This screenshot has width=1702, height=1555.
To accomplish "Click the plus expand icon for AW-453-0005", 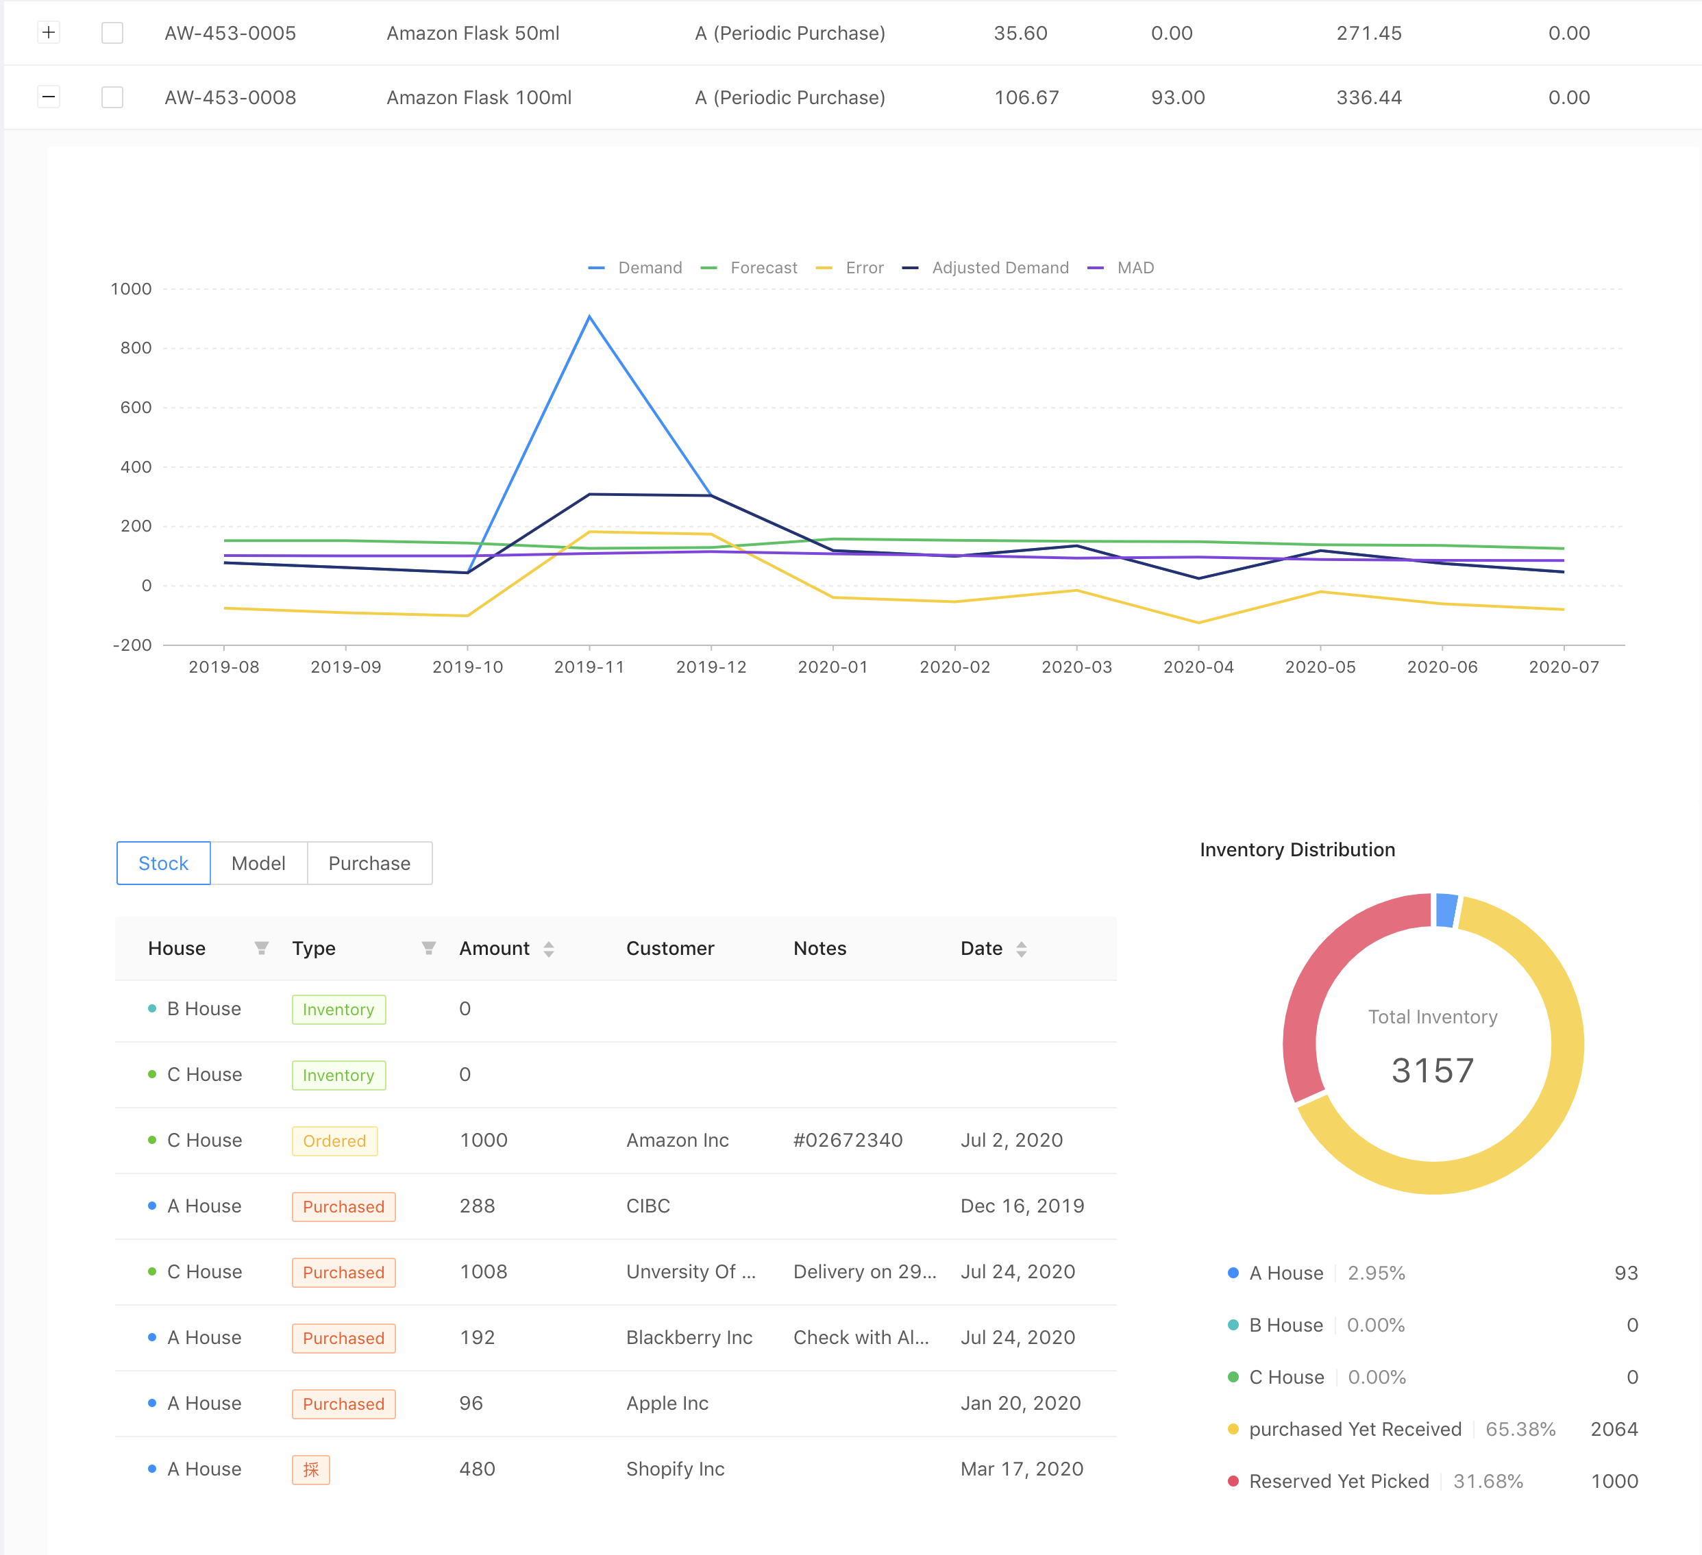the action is coord(49,33).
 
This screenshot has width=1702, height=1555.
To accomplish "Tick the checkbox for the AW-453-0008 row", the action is coord(112,97).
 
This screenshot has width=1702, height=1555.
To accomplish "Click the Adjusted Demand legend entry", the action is coord(985,268).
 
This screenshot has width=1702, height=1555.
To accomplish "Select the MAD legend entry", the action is coord(1120,268).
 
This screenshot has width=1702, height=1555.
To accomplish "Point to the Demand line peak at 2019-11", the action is coord(589,316).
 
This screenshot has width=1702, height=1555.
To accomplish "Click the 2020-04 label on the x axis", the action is coord(1198,667).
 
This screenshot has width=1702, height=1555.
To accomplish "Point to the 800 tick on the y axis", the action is coord(136,348).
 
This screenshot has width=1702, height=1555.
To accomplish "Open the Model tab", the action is coord(258,862).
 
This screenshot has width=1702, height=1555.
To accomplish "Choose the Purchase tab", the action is coord(370,862).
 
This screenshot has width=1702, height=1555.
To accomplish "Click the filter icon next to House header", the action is coord(262,948).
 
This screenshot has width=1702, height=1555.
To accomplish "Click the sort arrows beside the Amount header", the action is coord(549,949).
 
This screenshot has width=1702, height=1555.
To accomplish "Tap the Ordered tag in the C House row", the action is coord(334,1141).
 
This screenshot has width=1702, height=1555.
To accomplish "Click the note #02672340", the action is coord(848,1141).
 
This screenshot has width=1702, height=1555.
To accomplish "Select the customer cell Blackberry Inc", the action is coord(689,1338).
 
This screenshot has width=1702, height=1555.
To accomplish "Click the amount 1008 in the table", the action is coord(483,1272).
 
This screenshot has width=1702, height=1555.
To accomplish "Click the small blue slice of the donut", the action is coord(1446,910).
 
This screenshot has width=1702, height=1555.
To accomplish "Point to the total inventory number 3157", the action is coord(1433,1071).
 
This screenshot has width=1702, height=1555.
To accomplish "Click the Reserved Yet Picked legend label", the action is coord(1339,1482).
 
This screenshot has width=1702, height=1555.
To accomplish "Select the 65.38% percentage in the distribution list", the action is coord(1520,1429).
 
